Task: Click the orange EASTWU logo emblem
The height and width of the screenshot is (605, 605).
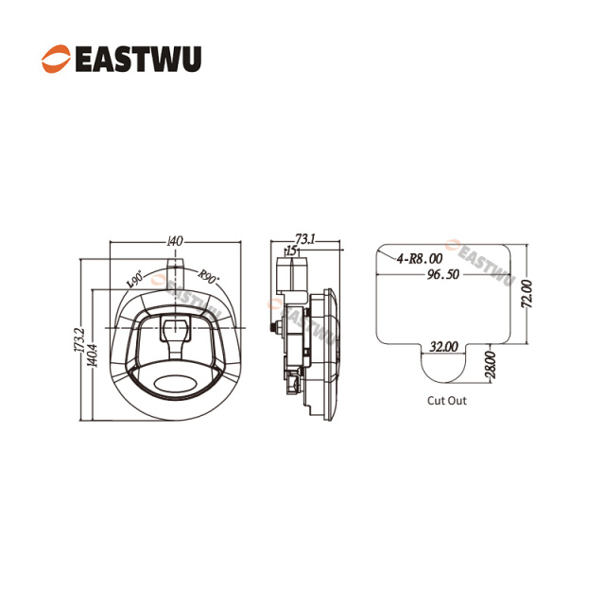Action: point(57,59)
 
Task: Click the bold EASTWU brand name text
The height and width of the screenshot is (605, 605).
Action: point(138,59)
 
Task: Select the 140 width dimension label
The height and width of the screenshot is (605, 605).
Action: point(175,241)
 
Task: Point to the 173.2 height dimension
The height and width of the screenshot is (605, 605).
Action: point(79,339)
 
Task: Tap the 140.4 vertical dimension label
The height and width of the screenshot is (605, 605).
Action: point(93,355)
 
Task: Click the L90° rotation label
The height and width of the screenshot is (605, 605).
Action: point(135,279)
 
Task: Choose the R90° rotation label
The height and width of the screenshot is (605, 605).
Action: point(208,277)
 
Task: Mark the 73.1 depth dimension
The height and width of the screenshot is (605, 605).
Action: point(304,239)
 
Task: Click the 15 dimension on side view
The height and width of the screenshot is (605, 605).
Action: point(292,251)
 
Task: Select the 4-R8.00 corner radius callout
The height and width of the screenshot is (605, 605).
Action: point(420,258)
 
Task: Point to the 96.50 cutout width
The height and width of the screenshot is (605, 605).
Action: point(443,274)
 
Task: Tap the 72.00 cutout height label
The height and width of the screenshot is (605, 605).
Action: point(527,294)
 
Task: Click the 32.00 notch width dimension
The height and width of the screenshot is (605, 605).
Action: point(443,347)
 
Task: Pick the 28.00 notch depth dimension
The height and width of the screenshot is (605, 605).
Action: point(490,365)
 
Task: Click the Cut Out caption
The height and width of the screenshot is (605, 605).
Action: point(447,401)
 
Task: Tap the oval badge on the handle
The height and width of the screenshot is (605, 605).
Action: point(176,384)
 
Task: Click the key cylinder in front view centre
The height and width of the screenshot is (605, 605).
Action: point(176,328)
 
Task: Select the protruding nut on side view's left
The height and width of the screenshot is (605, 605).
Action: point(275,327)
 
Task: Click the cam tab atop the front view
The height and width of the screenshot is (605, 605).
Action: point(176,268)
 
